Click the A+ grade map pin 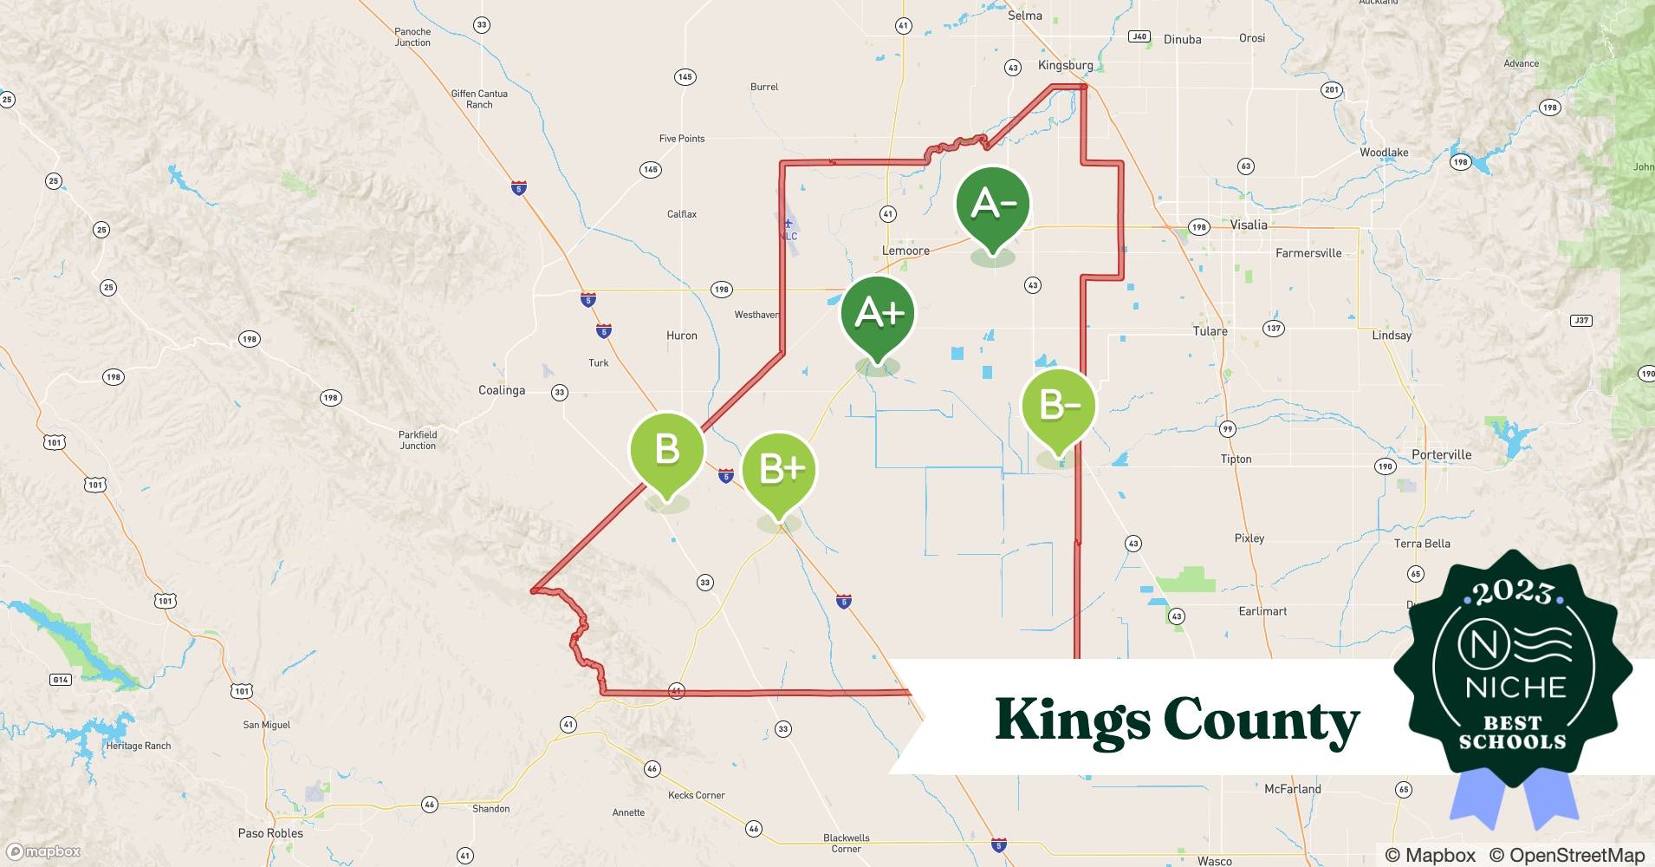tap(877, 314)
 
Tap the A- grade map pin tap(992, 205)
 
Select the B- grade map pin tap(1058, 406)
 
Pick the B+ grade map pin tap(779, 470)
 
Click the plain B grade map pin tap(666, 450)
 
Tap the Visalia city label tap(1249, 225)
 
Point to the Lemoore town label tap(905, 251)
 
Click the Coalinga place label tap(502, 390)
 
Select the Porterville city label tap(1441, 454)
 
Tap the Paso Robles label tap(270, 833)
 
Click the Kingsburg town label tap(1065, 65)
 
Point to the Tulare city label tap(1210, 331)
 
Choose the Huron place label tap(682, 336)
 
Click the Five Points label tap(682, 139)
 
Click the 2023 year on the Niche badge tap(1513, 593)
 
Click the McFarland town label tap(1292, 789)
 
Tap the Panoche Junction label tap(412, 36)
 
